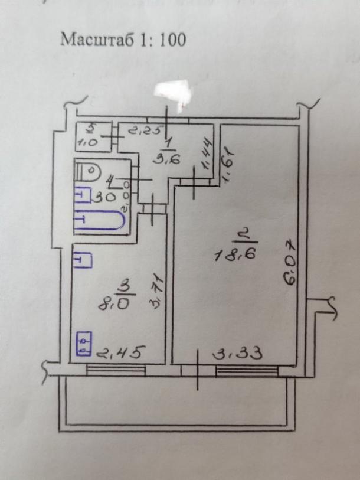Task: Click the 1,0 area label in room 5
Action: [x=89, y=142]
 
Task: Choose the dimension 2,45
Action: [x=121, y=354]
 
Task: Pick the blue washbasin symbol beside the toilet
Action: [x=83, y=195]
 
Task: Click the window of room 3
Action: [x=116, y=370]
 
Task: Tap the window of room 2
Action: [x=247, y=370]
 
